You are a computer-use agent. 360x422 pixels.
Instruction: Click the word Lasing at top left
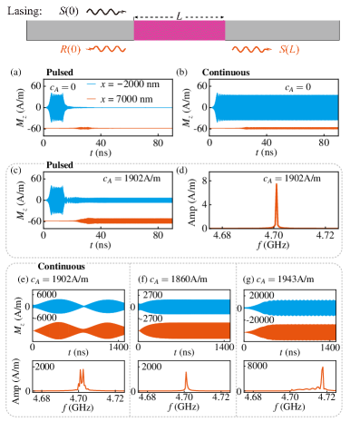(24, 11)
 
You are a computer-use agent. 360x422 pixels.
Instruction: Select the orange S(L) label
(280, 49)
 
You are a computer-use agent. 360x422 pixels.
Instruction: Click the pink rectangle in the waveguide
(179, 30)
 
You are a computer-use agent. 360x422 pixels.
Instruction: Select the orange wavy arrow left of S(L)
(248, 50)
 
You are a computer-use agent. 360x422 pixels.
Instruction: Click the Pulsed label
(59, 165)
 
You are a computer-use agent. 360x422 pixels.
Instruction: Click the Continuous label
(62, 267)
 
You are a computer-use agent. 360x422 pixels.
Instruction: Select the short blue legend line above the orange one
(91, 84)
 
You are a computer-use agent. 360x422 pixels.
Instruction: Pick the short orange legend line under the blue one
(91, 96)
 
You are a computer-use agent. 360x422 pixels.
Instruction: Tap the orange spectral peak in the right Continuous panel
(322, 377)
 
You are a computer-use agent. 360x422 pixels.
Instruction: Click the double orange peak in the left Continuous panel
(82, 377)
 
